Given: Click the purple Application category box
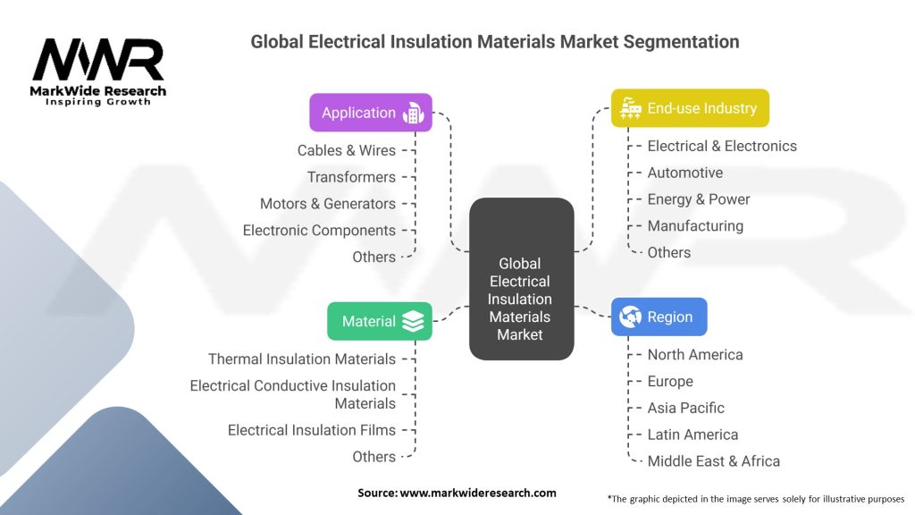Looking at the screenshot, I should click(371, 113).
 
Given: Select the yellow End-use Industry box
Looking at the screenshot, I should click(690, 108).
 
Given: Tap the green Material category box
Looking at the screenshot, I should click(380, 321).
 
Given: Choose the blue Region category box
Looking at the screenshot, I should click(659, 317).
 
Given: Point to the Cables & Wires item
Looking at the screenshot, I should click(347, 150).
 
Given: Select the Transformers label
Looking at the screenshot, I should click(351, 177).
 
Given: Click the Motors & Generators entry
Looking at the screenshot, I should click(328, 204).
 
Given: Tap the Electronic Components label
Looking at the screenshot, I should click(319, 230).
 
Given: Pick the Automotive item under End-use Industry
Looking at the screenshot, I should click(685, 173).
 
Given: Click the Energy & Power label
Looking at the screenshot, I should click(699, 199).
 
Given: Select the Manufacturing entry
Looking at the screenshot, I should click(695, 226).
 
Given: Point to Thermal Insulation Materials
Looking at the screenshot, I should click(302, 359).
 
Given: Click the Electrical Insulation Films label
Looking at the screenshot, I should click(312, 430).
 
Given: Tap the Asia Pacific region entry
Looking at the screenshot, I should click(686, 408).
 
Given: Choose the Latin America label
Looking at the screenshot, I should click(693, 435).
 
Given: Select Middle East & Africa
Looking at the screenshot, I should click(714, 461).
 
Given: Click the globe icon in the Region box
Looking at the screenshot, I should click(631, 317).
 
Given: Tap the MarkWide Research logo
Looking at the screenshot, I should click(98, 71).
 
